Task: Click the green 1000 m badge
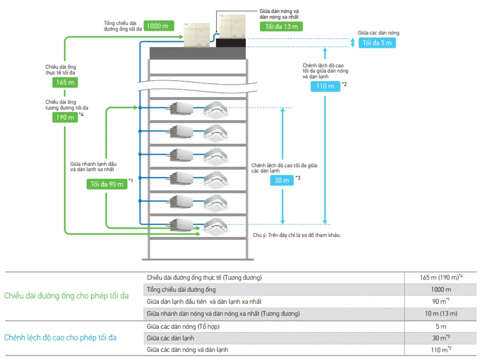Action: [x=157, y=26]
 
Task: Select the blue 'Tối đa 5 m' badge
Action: [x=377, y=43]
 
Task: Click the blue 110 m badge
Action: [x=325, y=86]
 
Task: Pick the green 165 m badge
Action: [x=65, y=83]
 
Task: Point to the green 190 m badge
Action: [x=65, y=117]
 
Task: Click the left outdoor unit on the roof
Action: [x=197, y=35]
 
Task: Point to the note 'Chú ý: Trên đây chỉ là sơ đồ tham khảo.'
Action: [x=296, y=235]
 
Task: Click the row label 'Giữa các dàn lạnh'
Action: [x=171, y=338]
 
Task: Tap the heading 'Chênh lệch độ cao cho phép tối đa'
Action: [x=60, y=338]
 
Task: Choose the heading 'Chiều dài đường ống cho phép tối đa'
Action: [x=66, y=296]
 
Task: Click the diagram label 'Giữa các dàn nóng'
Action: [x=378, y=33]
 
